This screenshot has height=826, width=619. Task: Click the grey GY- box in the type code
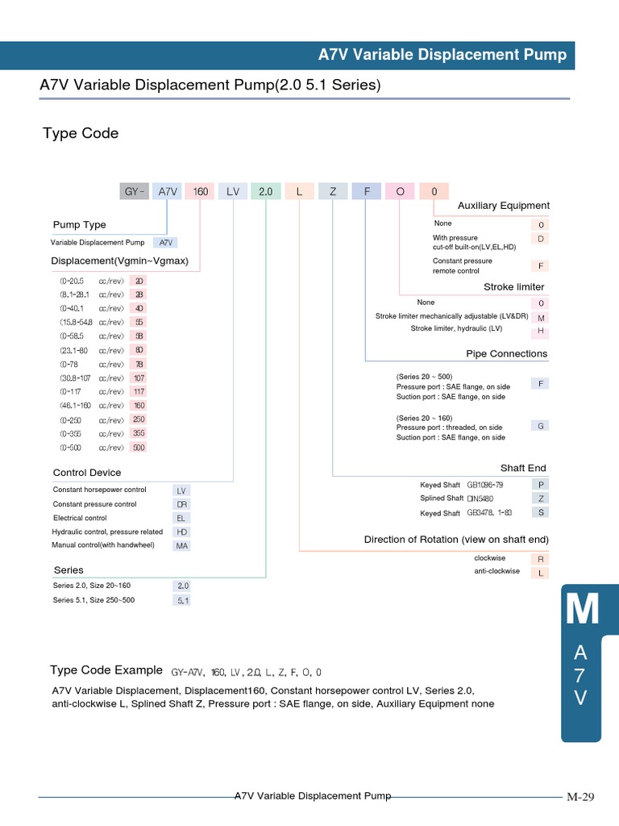(134, 191)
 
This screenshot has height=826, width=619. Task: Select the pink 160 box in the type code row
(201, 191)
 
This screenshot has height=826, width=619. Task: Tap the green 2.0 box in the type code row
(266, 191)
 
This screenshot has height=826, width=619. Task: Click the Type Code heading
(81, 133)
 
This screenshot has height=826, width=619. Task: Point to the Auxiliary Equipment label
(503, 206)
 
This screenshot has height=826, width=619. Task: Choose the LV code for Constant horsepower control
(181, 490)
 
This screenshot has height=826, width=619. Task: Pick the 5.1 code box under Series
(183, 600)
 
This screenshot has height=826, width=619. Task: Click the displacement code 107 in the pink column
(139, 378)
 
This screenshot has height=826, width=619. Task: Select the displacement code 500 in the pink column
(139, 447)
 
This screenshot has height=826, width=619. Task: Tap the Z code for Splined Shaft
(541, 499)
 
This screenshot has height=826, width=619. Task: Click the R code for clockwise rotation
(541, 558)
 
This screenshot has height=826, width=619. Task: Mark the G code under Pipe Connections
(541, 425)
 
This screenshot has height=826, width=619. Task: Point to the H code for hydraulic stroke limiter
(541, 331)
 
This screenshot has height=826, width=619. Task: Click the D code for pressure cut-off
(541, 239)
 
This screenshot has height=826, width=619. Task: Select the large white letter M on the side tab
(582, 611)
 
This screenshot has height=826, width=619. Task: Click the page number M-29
(580, 797)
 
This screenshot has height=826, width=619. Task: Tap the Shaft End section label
(523, 468)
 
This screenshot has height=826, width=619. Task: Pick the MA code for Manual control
(181, 546)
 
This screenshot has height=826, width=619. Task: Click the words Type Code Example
(106, 670)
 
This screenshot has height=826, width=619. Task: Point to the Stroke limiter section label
(513, 286)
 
